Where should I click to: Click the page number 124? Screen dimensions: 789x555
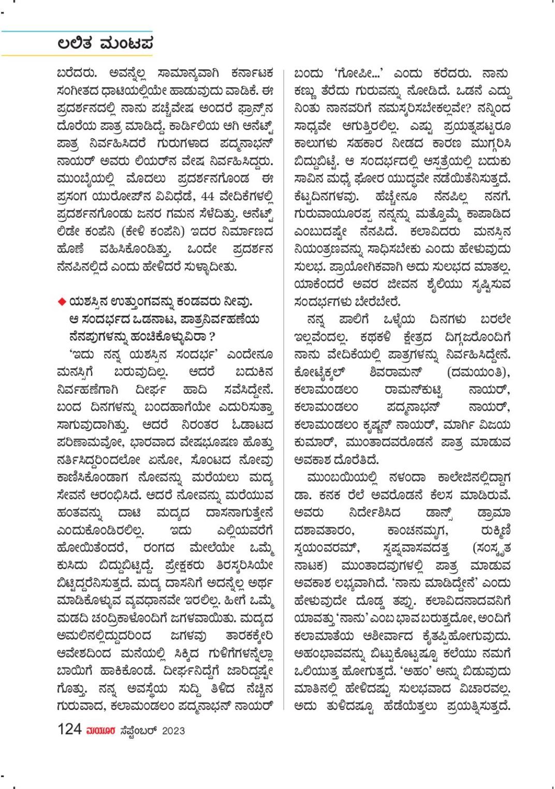pyautogui.click(x=69, y=730)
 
